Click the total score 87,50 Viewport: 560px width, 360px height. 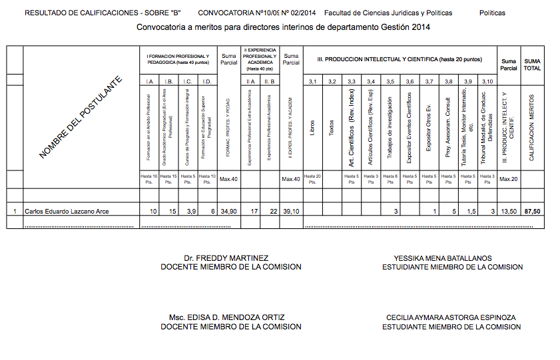coord(532,212)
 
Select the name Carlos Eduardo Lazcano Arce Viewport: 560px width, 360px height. coord(67,212)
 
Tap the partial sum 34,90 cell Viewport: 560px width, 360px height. coord(228,212)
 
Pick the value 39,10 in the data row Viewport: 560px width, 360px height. coord(290,212)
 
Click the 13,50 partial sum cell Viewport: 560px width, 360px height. coord(509,212)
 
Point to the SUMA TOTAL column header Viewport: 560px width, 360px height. coord(532,64)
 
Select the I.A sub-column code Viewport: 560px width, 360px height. coord(149,81)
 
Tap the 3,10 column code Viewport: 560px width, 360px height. coord(487,81)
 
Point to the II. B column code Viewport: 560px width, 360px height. coord(270,81)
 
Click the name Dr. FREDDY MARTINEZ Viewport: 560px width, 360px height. coord(226,258)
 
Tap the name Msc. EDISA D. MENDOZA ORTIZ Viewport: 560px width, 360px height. coord(227,318)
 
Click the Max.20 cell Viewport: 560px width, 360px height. coord(508,179)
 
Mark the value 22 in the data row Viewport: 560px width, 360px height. coord(272,212)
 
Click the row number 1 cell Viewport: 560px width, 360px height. coord(15,212)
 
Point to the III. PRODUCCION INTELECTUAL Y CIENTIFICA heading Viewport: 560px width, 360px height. coord(399,59)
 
